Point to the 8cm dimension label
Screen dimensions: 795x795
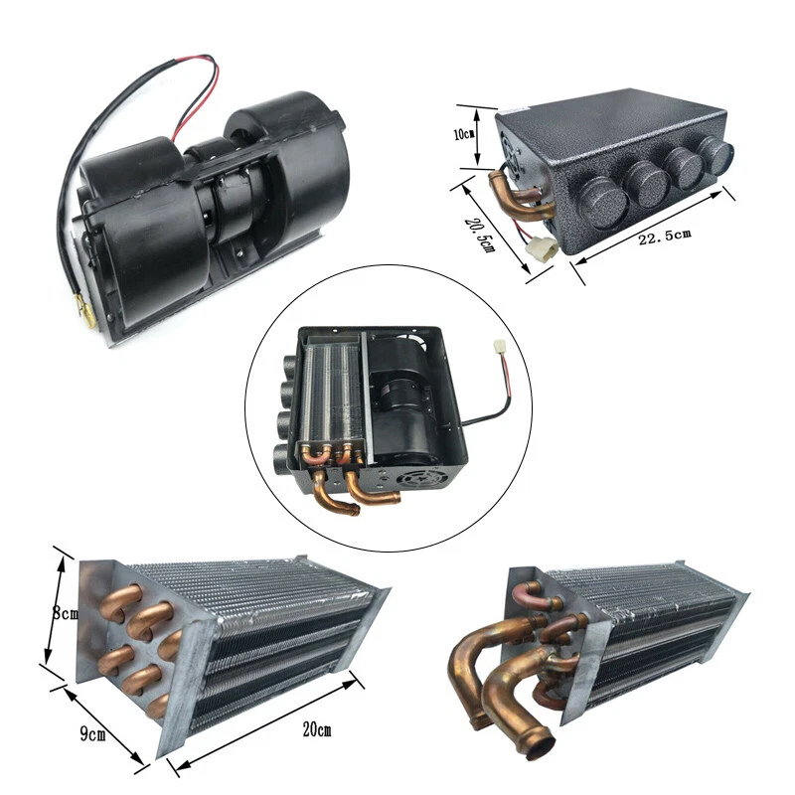point(65,616)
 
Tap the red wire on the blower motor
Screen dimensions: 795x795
point(199,99)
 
